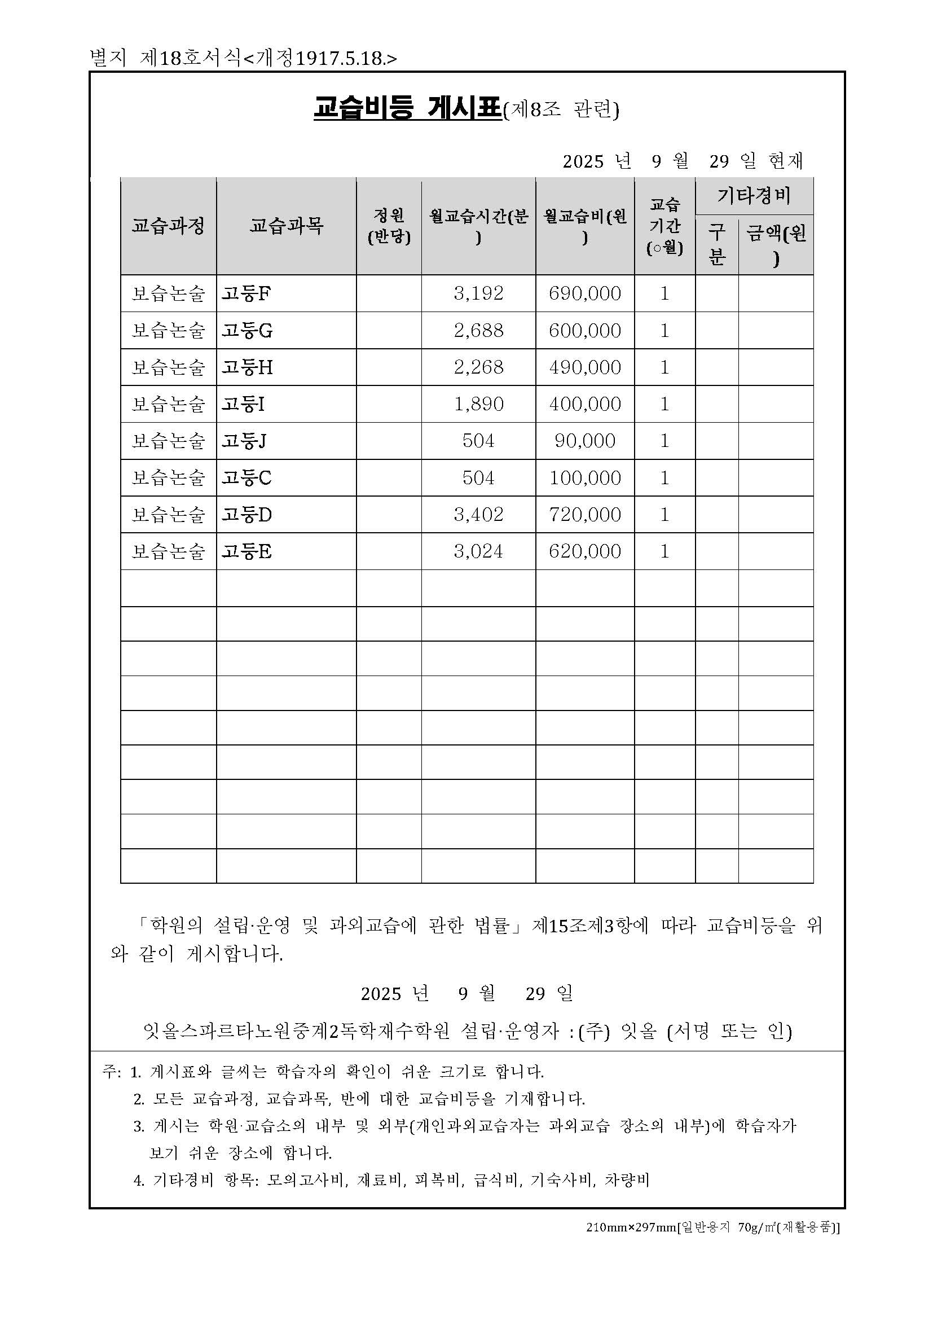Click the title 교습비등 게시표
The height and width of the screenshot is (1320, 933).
pos(407,109)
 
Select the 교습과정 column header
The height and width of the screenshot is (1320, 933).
pos(168,225)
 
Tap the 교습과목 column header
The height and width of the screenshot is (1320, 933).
pos(286,225)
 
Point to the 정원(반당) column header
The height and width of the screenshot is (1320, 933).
pos(389,225)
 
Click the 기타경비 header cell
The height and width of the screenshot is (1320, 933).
pos(754,196)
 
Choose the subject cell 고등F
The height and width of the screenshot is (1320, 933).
pos(247,294)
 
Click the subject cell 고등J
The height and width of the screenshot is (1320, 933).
pos(244,441)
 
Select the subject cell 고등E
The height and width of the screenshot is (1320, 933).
pos(247,551)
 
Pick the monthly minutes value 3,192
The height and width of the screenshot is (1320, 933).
pos(478,294)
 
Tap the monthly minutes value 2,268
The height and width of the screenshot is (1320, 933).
pos(478,367)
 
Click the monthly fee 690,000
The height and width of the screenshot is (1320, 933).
pos(585,294)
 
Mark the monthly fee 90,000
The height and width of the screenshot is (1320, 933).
pos(585,441)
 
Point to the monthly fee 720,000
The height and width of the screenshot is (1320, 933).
pos(585,515)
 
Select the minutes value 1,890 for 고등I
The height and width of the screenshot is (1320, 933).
pos(478,404)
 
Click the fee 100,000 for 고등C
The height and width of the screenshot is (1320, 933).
pos(585,478)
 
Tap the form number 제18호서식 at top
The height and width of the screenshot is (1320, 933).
pos(190,59)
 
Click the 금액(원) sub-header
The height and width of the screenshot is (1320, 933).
pos(776,244)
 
